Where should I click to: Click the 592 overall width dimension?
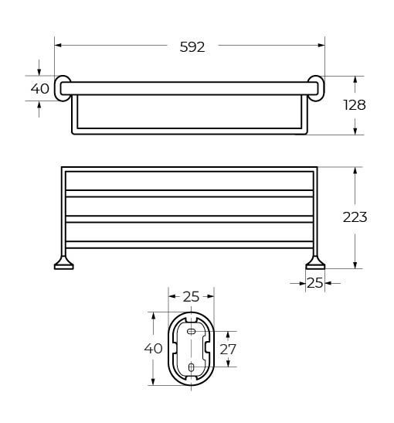point(192,47)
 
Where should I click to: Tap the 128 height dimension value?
point(355,105)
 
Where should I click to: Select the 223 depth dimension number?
point(355,217)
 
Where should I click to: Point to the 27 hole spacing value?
point(228,350)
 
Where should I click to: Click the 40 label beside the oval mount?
point(153,348)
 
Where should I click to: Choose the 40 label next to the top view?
point(40,88)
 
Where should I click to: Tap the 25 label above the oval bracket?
point(191,297)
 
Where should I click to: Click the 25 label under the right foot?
point(314,283)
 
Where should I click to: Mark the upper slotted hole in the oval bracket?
point(191,331)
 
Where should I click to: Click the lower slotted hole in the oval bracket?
point(191,367)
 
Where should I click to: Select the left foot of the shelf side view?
point(64,263)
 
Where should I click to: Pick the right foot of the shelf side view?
point(315,263)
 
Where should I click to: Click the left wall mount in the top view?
point(62,88)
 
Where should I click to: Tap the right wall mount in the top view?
point(317,88)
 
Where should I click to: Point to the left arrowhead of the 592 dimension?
point(58,46)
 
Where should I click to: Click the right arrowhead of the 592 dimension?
point(321,46)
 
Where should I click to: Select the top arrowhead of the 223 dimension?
point(355,171)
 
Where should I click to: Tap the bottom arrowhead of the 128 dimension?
point(355,131)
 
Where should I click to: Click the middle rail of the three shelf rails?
point(189,219)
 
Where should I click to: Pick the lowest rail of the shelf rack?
point(189,244)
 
